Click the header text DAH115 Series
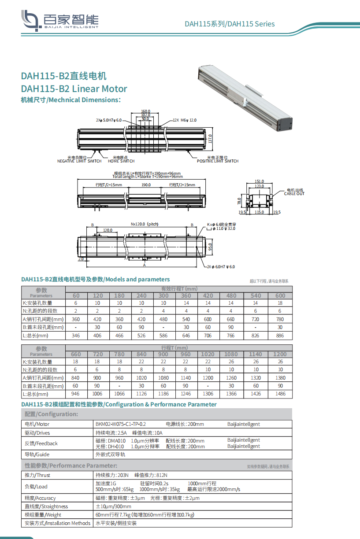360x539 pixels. (229, 24)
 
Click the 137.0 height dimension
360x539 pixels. (210, 139)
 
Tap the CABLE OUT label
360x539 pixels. (294, 194)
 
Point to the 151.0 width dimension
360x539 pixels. (260, 181)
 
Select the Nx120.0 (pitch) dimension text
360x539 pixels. (144, 224)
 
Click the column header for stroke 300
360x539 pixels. (163, 295)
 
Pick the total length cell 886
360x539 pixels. (280, 336)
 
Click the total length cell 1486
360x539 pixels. (280, 394)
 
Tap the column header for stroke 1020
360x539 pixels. (208, 354)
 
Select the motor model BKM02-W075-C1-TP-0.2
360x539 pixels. (120, 424)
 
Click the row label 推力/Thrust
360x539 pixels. (38, 475)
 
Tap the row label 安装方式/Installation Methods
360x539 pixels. (57, 523)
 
